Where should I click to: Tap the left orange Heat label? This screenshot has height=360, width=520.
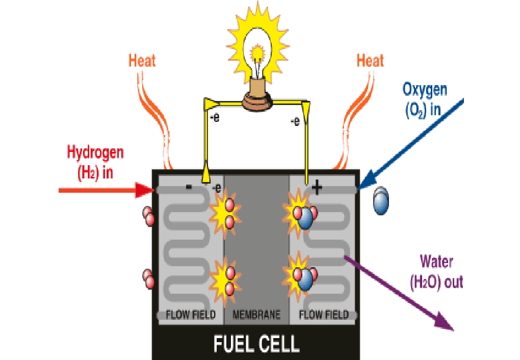142,61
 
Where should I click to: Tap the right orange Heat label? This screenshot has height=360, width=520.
370,61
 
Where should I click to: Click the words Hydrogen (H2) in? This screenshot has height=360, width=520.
95,162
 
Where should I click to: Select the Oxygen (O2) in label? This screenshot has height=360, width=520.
424,99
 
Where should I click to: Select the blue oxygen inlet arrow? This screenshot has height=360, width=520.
413,144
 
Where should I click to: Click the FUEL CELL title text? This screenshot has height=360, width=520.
256,343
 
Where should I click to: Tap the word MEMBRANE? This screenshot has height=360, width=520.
256,315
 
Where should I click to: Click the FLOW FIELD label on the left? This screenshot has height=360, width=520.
191,315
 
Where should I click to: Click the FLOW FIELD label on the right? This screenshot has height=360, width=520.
324,315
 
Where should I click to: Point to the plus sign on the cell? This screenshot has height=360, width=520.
317,189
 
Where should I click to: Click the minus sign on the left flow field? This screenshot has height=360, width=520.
189,187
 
